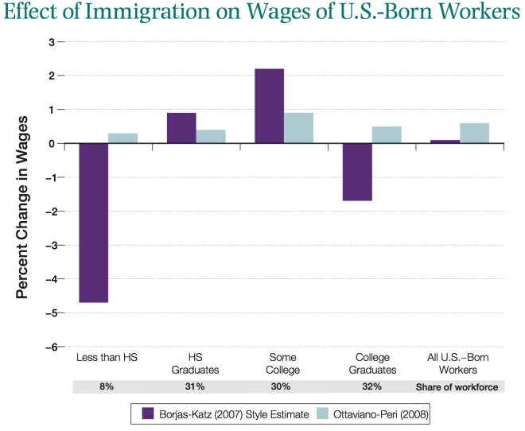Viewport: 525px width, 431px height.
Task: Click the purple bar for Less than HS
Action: click(x=93, y=223)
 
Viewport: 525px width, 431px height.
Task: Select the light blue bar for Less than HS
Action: click(x=122, y=138)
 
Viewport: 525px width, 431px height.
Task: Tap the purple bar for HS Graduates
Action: click(x=181, y=128)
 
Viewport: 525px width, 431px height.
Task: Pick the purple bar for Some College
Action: click(x=269, y=106)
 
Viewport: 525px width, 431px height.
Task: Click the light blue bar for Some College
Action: click(x=299, y=128)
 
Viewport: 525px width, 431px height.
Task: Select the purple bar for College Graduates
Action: click(x=357, y=172)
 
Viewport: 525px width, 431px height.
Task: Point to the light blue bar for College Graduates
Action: click(x=387, y=134)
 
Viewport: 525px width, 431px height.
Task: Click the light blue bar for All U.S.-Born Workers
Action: click(x=474, y=133)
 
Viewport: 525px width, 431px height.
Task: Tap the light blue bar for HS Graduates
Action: click(x=211, y=136)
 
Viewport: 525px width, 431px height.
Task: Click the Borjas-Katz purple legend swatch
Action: click(x=148, y=414)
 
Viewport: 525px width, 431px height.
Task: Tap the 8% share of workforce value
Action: click(x=107, y=386)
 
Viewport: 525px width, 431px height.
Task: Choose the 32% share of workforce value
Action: click(x=371, y=386)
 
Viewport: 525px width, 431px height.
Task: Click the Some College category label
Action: click(x=283, y=363)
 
